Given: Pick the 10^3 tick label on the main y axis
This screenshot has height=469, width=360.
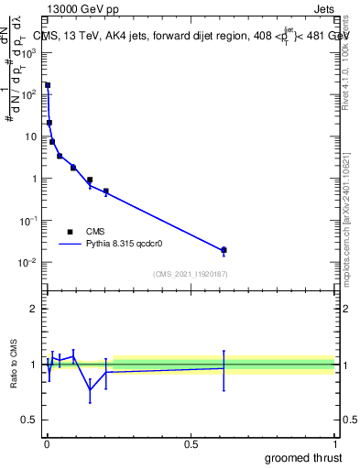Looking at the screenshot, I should [x=30, y=52].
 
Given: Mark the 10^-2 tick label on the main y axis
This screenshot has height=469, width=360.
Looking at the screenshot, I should [x=30, y=263].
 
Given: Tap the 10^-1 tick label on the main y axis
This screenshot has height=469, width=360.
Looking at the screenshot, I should [x=30, y=221].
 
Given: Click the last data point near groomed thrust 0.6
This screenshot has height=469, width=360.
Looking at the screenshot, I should [x=224, y=250].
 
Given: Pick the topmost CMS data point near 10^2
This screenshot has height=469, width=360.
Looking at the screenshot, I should [x=48, y=85].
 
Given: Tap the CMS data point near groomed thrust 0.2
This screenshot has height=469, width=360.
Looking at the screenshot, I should [x=106, y=191].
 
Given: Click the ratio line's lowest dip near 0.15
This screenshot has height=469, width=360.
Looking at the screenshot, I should [x=90, y=390].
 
